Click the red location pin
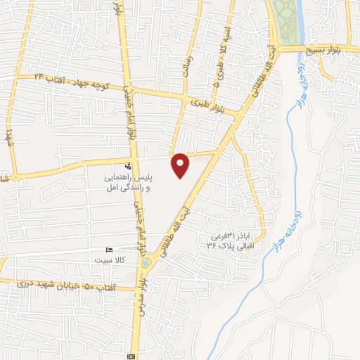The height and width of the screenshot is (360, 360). [181, 165]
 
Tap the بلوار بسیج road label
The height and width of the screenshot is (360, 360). [333, 50]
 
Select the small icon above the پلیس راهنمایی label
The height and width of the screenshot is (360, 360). [128, 166]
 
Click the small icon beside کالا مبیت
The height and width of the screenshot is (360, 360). [108, 250]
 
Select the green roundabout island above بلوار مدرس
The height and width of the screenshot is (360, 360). [146, 263]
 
